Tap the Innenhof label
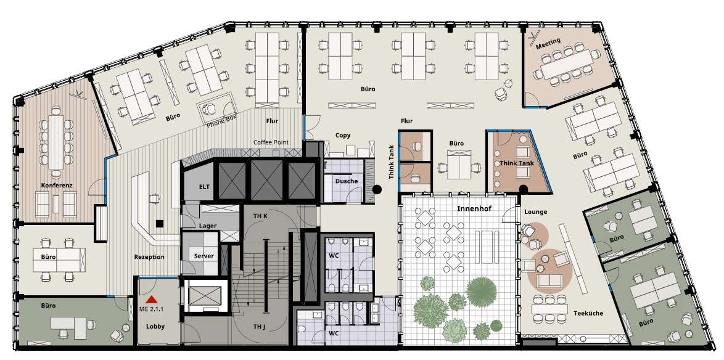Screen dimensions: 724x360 [x=474, y=208]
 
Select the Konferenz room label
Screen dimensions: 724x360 [x=57, y=185]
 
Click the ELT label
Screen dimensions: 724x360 [x=204, y=186]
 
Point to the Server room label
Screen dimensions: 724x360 [x=204, y=256]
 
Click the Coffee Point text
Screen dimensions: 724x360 [x=271, y=142]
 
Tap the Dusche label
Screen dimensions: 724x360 [x=347, y=181]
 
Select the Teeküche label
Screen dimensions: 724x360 [x=588, y=313]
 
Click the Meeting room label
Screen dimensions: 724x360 [x=548, y=43]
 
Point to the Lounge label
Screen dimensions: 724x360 [x=536, y=212]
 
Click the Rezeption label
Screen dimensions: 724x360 [x=149, y=256]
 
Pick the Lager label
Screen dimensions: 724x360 [x=208, y=226]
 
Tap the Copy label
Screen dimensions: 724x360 [x=343, y=135]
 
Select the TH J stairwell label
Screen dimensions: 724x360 [x=259, y=327]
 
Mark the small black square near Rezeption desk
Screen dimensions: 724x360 [x=159, y=224]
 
